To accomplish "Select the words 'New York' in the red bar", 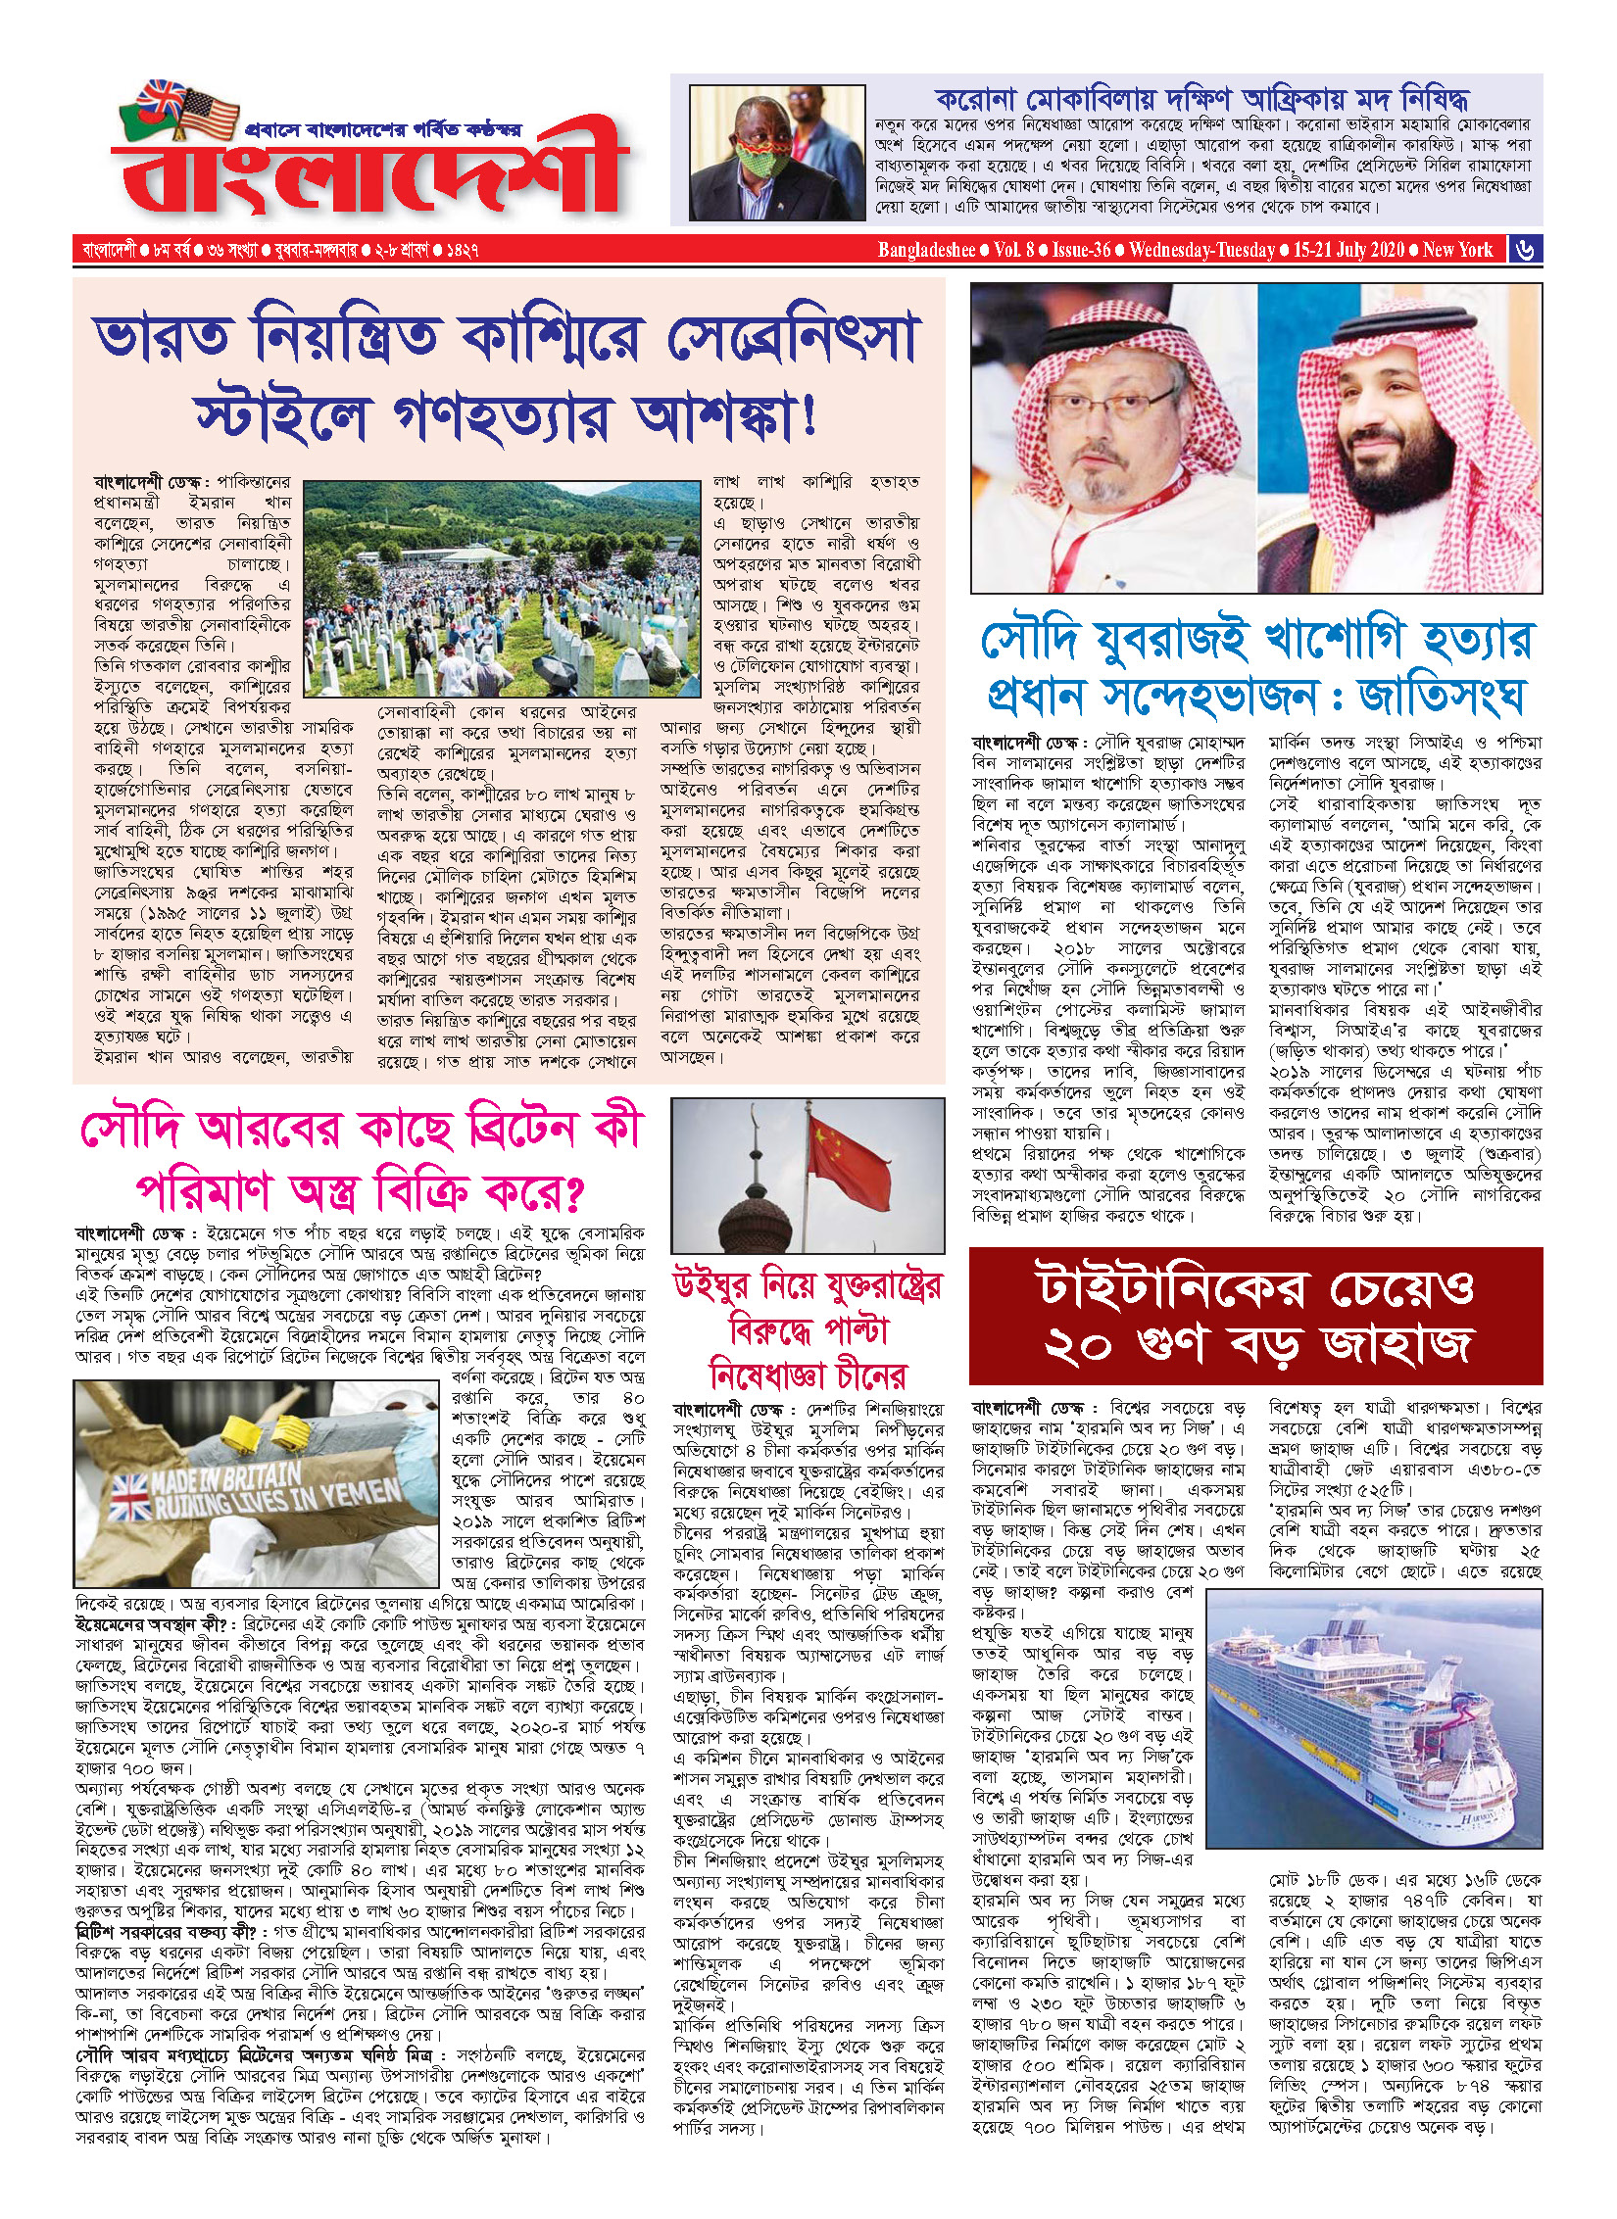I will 1457,250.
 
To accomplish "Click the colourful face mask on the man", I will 765,157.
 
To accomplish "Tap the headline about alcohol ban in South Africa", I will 1201,98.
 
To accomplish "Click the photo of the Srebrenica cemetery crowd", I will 502,588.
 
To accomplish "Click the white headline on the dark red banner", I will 1256,1316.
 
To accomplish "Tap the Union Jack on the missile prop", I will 129,1500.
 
